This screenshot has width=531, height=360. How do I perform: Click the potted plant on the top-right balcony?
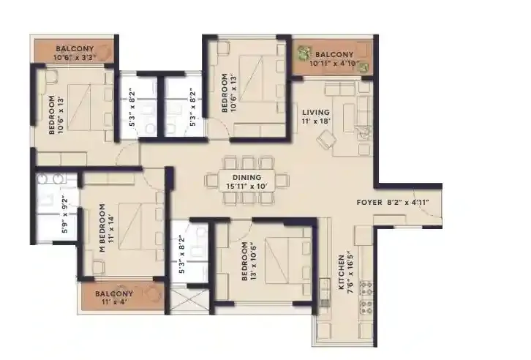click(303, 53)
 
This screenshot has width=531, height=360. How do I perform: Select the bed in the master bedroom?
click(135, 226)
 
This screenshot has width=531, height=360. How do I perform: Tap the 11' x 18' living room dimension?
click(316, 122)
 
